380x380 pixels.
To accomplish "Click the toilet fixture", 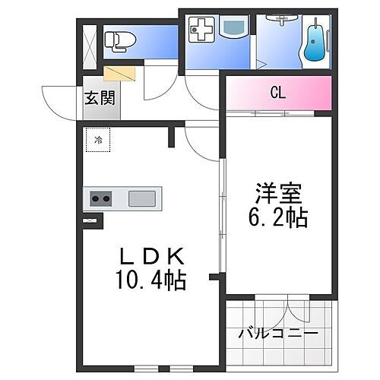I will [x=118, y=40].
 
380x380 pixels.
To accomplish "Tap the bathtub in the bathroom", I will [x=312, y=45].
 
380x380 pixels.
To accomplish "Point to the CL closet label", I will [x=278, y=93].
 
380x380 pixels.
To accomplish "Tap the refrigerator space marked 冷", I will [x=98, y=140].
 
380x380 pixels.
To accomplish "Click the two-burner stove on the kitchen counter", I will [x=101, y=199].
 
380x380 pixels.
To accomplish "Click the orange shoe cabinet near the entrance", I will [x=120, y=73].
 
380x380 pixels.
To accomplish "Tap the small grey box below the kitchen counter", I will [x=91, y=221].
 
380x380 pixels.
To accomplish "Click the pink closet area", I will [x=278, y=93].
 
